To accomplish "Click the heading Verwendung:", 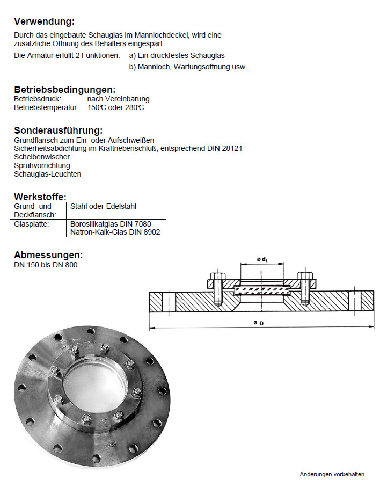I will tap(44, 21).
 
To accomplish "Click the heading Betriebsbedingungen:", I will tap(64, 90).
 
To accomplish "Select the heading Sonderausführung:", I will tap(58, 130).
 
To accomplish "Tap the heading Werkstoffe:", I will tap(40, 197).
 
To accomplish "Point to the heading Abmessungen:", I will tap(48, 254).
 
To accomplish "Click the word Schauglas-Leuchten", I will tap(48, 174).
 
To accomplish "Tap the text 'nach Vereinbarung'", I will tap(118, 99).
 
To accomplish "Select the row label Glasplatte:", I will tap(32, 224).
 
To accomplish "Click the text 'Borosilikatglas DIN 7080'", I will tap(111, 224).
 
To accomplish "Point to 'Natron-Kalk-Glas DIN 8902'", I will tap(115, 232).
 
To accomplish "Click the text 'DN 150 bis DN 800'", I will tap(46, 265).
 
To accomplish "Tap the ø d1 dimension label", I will tap(262, 260).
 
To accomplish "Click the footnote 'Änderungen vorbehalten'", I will tap(332, 474).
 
